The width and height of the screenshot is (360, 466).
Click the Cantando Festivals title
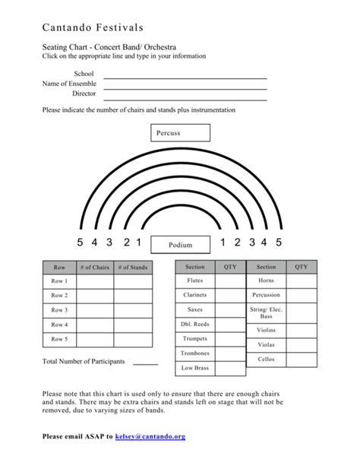pos(93,27)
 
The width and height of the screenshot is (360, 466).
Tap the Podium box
pos(180,245)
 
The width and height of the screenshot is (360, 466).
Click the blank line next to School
pos(185,78)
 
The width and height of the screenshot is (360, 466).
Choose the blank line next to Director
pos(185,99)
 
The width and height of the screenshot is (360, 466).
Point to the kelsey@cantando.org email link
pos(150,436)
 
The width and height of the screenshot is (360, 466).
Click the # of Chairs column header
pos(95,268)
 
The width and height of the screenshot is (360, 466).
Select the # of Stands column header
pos(133,268)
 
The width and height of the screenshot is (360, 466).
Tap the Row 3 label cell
pos(59,310)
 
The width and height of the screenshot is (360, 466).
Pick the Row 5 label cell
pos(59,339)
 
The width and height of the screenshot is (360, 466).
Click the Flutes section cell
pos(194,281)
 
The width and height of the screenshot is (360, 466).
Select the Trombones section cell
pos(194,353)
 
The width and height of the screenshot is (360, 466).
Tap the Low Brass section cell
pos(194,368)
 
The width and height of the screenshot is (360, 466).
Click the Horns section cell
pos(266,281)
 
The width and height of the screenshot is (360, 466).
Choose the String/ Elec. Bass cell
pos(266,312)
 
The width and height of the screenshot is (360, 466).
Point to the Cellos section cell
pos(266,359)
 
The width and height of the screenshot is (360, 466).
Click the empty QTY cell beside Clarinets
pos(230,295)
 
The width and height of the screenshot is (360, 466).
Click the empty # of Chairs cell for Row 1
pos(95,281)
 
